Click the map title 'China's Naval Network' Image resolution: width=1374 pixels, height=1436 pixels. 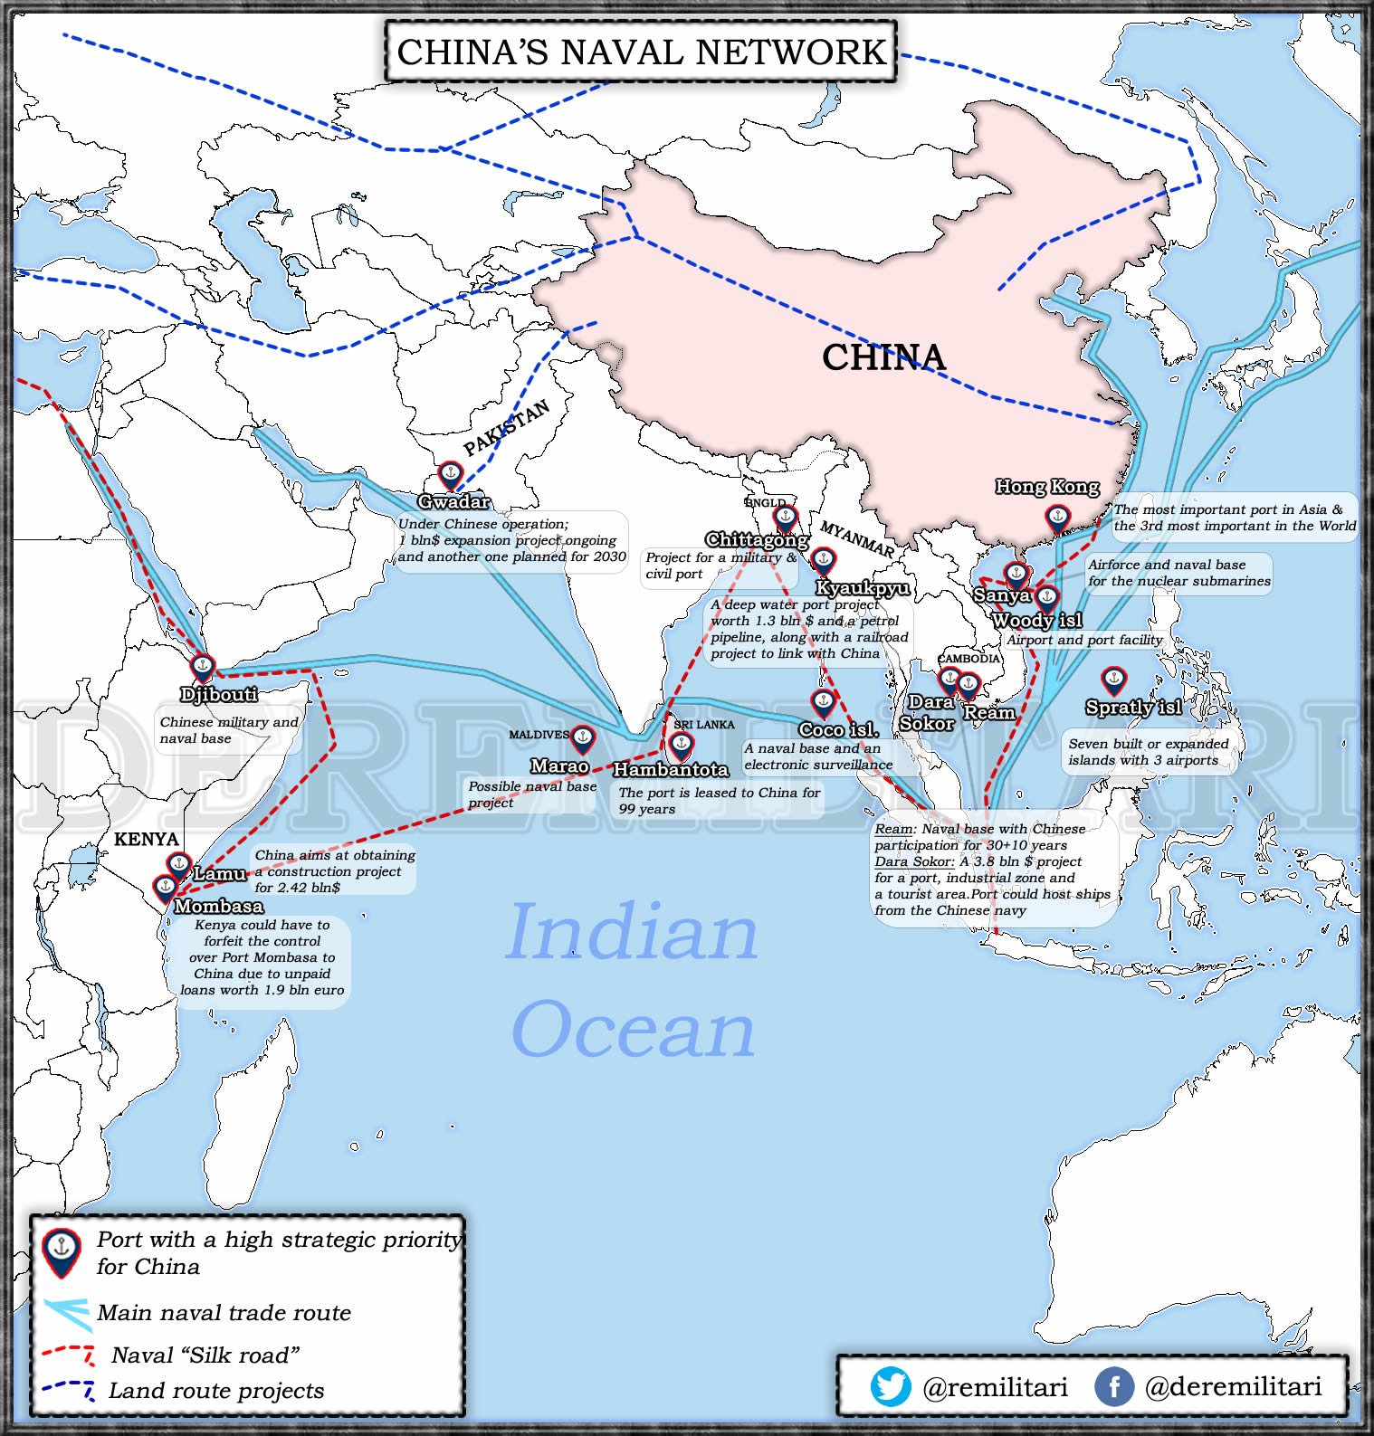(641, 52)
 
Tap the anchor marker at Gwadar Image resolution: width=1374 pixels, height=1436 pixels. (450, 474)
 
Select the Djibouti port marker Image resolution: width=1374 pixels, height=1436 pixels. (203, 668)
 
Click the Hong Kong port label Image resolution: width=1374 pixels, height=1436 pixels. (1047, 487)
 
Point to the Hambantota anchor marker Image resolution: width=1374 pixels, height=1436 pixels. (681, 745)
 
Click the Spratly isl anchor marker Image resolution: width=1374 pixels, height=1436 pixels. (1113, 679)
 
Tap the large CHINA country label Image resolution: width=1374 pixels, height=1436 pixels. (883, 357)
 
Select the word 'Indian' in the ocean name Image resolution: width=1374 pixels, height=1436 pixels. (632, 932)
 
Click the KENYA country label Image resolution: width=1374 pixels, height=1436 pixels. (147, 839)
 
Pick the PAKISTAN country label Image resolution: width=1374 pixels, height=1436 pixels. (506, 427)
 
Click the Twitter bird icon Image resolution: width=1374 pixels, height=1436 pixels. (891, 1386)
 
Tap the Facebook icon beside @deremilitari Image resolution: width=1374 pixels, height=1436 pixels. (1113, 1386)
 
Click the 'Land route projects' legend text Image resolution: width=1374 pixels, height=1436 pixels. (216, 1391)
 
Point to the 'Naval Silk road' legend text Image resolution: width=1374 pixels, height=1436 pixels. (205, 1355)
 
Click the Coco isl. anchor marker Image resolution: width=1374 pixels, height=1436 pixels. (823, 701)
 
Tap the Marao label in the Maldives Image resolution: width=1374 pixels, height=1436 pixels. (559, 766)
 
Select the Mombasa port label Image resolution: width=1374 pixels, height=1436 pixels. (218, 906)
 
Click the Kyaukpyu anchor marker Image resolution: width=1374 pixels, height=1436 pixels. (823, 560)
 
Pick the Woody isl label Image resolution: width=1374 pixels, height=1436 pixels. (1037, 621)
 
